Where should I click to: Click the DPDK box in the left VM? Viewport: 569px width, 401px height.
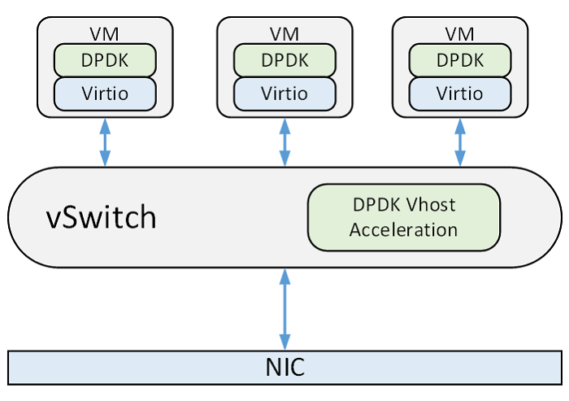tap(104, 60)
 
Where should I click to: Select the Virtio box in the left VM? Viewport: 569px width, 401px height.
tap(104, 94)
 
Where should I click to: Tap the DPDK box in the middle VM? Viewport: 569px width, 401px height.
tap(284, 60)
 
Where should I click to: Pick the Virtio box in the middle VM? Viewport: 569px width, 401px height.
tap(284, 94)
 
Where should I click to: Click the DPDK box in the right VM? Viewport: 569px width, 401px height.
tap(459, 60)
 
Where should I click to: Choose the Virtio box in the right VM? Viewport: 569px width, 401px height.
tap(459, 94)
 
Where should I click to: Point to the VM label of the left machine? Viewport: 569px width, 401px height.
tap(104, 34)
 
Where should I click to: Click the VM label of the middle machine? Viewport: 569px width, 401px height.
tap(284, 34)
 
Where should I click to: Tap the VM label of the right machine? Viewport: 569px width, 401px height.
tap(459, 34)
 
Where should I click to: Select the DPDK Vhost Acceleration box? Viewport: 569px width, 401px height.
tap(403, 217)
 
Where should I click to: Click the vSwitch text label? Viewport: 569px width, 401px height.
tap(100, 218)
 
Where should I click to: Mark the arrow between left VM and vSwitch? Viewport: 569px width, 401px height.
tap(105, 142)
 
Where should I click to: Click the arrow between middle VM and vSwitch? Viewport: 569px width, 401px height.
tap(284, 142)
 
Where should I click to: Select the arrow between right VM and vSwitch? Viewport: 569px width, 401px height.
tap(460, 142)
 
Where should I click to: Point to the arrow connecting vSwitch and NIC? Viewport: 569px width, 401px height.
tap(284, 309)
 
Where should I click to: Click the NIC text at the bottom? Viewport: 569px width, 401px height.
tap(284, 367)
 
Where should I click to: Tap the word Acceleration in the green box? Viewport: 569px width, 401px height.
tap(403, 229)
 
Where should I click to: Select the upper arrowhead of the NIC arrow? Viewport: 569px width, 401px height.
tap(284, 276)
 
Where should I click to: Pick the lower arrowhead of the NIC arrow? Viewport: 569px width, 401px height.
tap(284, 342)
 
